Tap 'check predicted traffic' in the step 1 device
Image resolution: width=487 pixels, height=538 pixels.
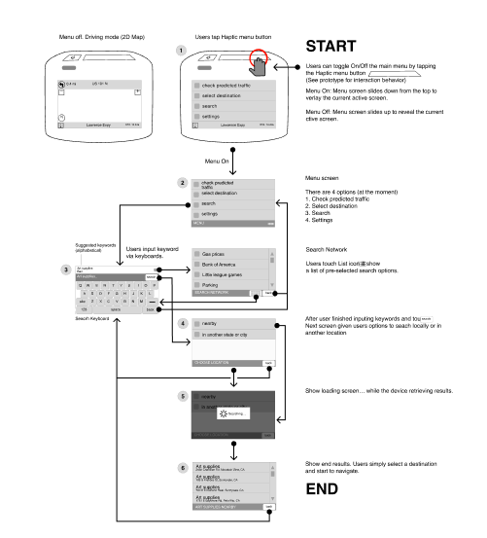click(x=219, y=88)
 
